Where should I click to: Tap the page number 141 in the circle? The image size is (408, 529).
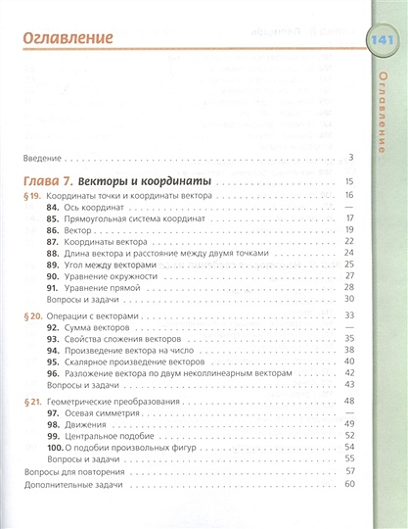[x=379, y=40]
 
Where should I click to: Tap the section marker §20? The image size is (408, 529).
[x=33, y=319]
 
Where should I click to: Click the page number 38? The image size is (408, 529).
[x=347, y=349]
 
